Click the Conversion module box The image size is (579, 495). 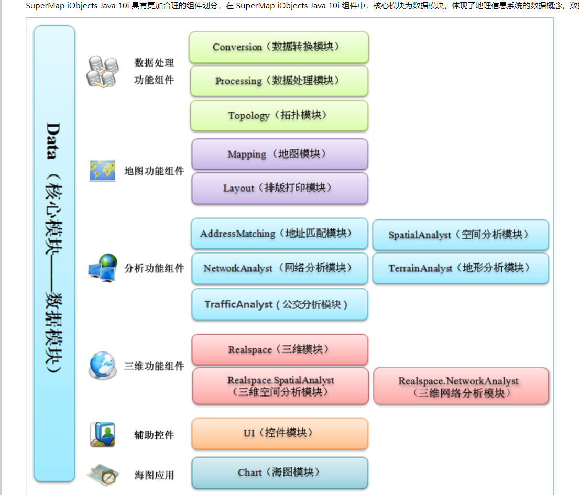[x=279, y=47]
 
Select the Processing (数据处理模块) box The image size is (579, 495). [x=279, y=81]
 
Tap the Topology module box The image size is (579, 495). [x=279, y=116]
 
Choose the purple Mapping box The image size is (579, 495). [x=280, y=154]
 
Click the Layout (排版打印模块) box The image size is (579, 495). [x=280, y=188]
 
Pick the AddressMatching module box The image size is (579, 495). [x=279, y=234]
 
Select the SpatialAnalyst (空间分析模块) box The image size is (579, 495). [x=461, y=235]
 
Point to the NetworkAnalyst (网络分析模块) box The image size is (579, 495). [x=280, y=268]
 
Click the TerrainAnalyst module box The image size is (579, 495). [x=461, y=268]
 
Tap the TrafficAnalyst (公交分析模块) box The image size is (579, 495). [x=280, y=304]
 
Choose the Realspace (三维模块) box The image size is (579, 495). [x=280, y=349]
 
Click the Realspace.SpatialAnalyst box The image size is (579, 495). [x=281, y=386]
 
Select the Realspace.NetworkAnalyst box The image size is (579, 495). [x=461, y=386]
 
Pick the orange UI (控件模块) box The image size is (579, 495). [x=280, y=433]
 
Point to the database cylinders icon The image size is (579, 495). [x=103, y=72]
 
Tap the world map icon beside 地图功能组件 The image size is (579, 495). [x=102, y=171]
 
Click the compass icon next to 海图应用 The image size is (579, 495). [x=103, y=475]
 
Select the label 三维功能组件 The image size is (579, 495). [x=154, y=366]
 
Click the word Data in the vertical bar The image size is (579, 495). [x=53, y=140]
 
